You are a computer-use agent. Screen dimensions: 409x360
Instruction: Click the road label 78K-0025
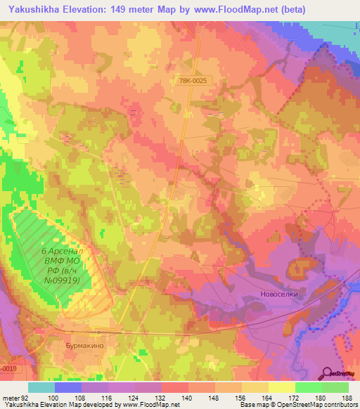point(194,82)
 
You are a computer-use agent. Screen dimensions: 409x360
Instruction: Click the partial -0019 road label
point(8,367)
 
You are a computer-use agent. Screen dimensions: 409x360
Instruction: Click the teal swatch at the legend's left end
point(41,387)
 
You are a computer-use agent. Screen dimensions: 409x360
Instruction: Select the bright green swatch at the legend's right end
point(335,387)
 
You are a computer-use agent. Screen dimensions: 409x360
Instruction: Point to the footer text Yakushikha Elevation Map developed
point(56,405)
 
